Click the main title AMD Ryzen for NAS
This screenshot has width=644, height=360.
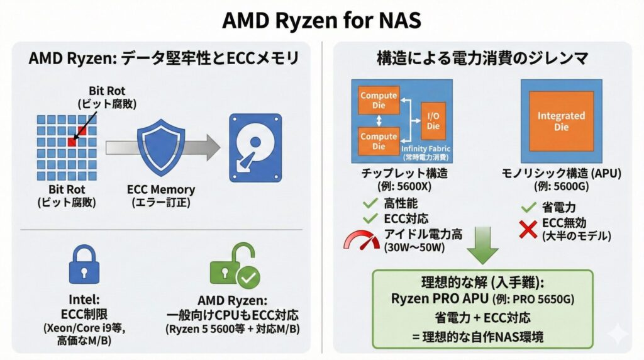pyautogui.click(x=321, y=21)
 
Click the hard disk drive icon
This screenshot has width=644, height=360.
pyautogui.click(x=254, y=146)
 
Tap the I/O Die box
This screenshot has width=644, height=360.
pyautogui.click(x=433, y=120)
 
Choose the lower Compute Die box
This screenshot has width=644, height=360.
pyautogui.click(x=378, y=141)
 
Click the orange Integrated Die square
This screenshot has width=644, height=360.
pyautogui.click(x=561, y=120)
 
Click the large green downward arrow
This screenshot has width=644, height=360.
pyautogui.click(x=482, y=246)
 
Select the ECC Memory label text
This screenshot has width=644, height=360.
pyautogui.click(x=161, y=189)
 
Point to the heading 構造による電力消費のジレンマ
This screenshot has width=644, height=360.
pyautogui.click(x=482, y=59)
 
